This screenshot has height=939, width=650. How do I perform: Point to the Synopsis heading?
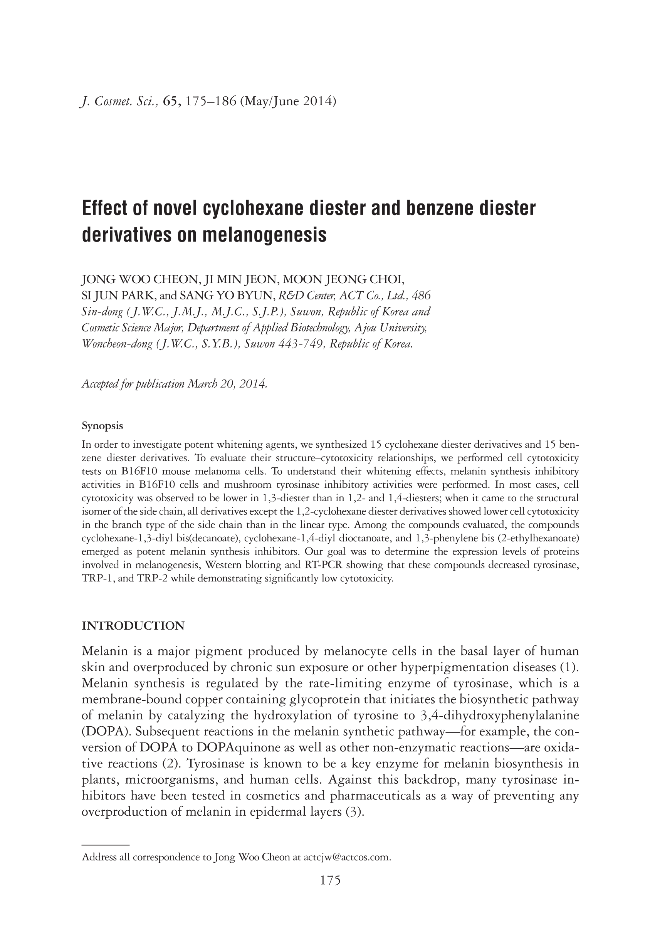(102, 426)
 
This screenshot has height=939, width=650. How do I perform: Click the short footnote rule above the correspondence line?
(106, 845)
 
